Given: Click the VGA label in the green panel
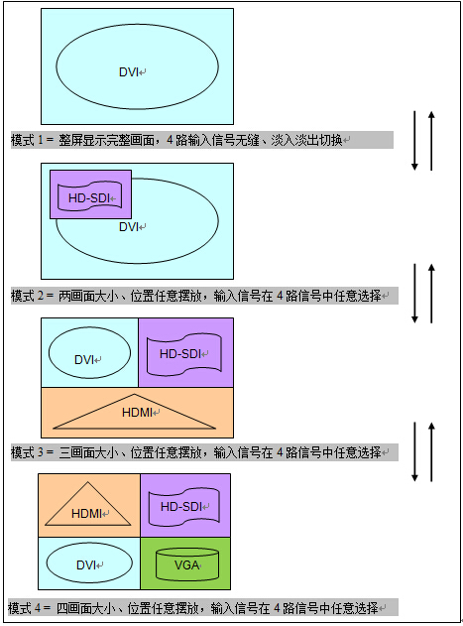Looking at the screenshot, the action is pyautogui.click(x=186, y=564).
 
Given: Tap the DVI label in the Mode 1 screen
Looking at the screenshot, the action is pyautogui.click(x=129, y=72).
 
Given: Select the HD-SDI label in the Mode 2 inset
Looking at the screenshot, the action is pyautogui.click(x=89, y=198).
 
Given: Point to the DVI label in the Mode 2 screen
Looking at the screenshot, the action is pyautogui.click(x=129, y=227).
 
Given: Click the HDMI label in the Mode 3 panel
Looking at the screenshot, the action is pyautogui.click(x=137, y=412).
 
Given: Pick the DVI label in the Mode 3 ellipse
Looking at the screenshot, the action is pyautogui.click(x=84, y=360).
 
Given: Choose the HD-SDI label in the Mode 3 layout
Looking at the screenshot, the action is pyautogui.click(x=180, y=354).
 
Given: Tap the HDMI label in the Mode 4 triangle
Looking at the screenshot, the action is pyautogui.click(x=86, y=514).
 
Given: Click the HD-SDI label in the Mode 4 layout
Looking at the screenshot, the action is pyautogui.click(x=181, y=507).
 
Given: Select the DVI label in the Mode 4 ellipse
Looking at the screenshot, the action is pyautogui.click(x=86, y=564).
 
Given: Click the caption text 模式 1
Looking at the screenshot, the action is pyautogui.click(x=27, y=140).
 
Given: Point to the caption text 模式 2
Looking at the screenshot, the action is pyautogui.click(x=27, y=296).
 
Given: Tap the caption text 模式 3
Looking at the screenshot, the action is pyautogui.click(x=27, y=452).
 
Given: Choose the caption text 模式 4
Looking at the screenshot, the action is pyautogui.click(x=24, y=608).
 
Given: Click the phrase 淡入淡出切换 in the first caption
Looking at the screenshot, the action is pyautogui.click(x=306, y=140).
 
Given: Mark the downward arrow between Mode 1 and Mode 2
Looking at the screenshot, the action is pyautogui.click(x=414, y=141).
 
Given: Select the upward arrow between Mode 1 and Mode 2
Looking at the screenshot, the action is pyautogui.click(x=431, y=141).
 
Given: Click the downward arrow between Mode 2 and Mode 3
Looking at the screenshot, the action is pyautogui.click(x=414, y=293).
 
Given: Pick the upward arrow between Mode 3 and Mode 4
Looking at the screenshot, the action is pyautogui.click(x=431, y=451).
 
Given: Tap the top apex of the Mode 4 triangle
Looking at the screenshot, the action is pyautogui.click(x=88, y=482).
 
